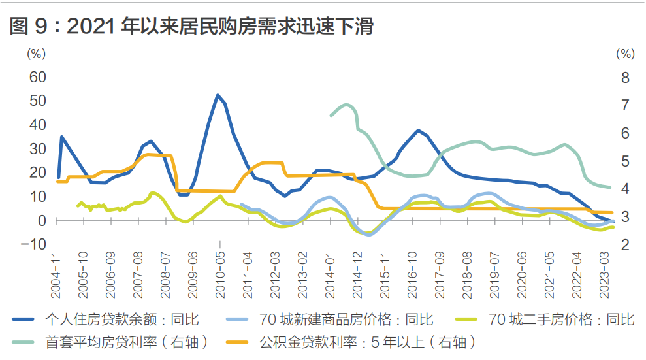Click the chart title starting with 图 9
point(191,26)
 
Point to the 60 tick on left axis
point(37,77)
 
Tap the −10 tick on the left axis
point(33,244)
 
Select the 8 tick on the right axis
point(625,78)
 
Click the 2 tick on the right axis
point(625,244)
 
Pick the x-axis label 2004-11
point(56,275)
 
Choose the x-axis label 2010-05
point(220,275)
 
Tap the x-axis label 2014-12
point(357,275)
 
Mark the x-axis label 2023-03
point(604,275)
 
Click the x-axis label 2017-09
point(440,275)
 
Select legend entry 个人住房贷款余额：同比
point(122,319)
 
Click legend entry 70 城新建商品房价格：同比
point(346,319)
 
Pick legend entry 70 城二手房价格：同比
point(561,319)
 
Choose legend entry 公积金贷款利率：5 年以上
point(368,342)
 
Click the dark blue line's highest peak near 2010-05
point(218,95)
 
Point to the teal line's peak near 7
point(346,105)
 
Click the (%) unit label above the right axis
point(625,54)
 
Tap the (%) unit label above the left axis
point(37,54)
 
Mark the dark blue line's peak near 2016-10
point(418,131)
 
